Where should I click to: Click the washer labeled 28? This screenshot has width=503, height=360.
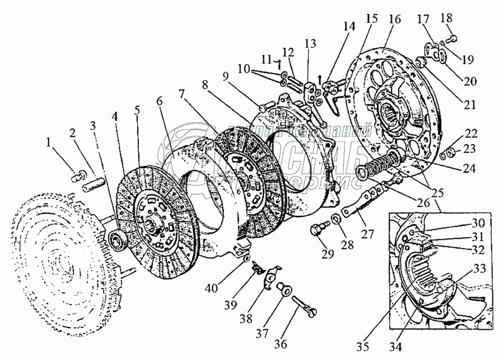tap(336, 218)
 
